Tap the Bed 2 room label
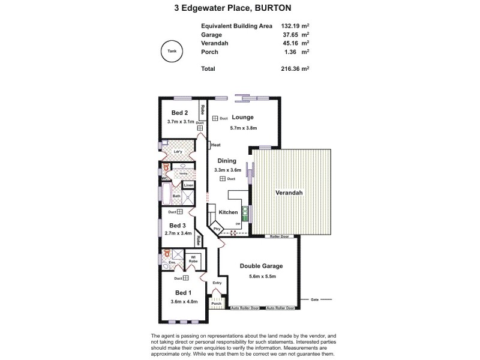180,113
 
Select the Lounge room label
243,117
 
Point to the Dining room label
227,161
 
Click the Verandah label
288,193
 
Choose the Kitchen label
228,212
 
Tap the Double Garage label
261,266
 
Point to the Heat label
215,145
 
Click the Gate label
314,299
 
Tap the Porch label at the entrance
216,304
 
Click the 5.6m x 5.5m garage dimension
261,277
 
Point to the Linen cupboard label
188,185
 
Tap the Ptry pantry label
217,229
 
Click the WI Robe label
193,260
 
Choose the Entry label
217,283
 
